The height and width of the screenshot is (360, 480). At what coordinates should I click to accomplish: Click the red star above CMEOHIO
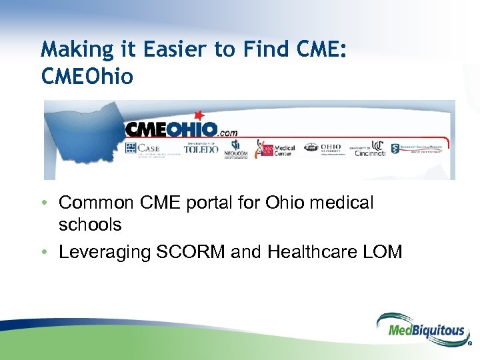[x=197, y=115]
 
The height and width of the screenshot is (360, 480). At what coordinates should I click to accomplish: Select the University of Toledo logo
[x=201, y=147]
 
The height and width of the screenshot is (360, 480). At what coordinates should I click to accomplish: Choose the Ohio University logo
[x=323, y=147]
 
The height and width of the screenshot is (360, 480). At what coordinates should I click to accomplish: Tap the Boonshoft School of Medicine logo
[x=417, y=148]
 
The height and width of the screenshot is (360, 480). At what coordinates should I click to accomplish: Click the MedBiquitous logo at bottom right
[x=422, y=329]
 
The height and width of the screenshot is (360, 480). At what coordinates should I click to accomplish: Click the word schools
[x=90, y=225]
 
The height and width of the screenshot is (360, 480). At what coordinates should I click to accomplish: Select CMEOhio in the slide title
[x=87, y=77]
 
